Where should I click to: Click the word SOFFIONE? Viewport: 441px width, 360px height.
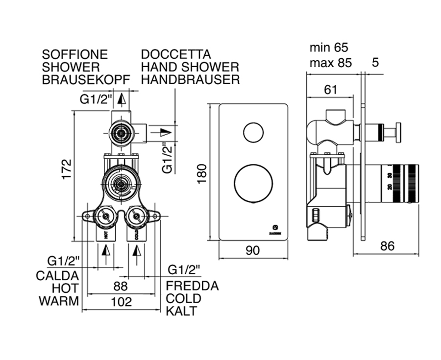(75, 54)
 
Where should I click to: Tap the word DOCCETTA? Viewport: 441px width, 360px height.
(176, 54)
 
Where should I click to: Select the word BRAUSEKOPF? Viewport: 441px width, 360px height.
(86, 79)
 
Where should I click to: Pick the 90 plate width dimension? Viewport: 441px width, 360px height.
(253, 250)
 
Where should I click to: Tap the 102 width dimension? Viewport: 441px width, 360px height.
(121, 302)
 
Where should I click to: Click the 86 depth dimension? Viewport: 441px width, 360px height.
(387, 246)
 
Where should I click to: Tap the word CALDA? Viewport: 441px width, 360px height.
(57, 275)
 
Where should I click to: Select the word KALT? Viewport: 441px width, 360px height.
(181, 311)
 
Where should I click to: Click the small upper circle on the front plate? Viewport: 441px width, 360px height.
(253, 132)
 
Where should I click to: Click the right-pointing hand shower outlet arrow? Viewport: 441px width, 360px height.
(166, 132)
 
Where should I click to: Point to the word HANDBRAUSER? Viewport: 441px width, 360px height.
(191, 79)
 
